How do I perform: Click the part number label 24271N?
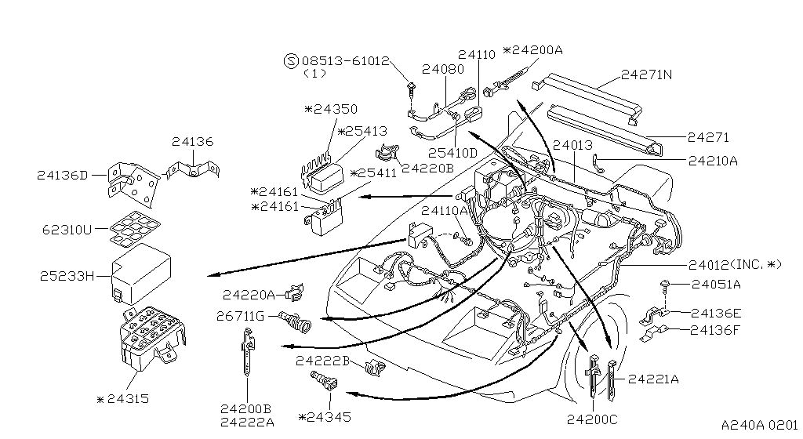pos(646,76)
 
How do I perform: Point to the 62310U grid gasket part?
pos(131,230)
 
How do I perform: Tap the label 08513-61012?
pos(346,60)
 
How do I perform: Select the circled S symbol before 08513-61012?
pos(290,60)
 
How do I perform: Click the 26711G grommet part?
pos(296,319)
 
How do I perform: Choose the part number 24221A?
pos(653,379)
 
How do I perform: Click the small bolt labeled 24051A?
pos(665,287)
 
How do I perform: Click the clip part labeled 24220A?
pos(294,293)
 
